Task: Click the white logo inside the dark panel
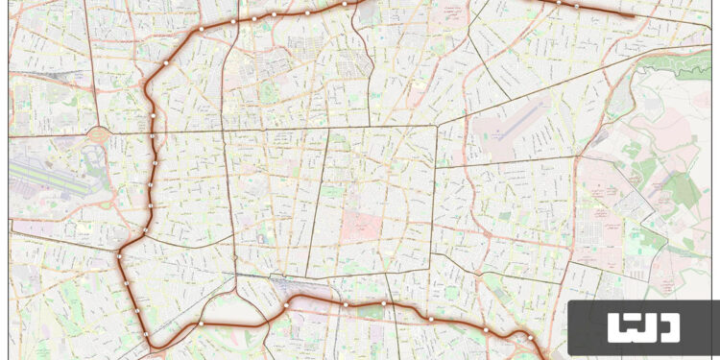(x=643, y=327)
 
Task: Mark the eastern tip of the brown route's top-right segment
(x=633, y=15)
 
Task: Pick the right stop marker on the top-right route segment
(x=577, y=5)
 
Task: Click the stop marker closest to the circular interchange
(x=153, y=136)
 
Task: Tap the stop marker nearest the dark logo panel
(x=529, y=337)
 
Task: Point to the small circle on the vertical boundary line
(x=235, y=258)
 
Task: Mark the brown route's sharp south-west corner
(x=119, y=255)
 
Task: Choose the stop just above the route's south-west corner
(x=146, y=228)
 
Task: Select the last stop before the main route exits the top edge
(x=345, y=4)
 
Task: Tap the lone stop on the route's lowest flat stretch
(x=201, y=324)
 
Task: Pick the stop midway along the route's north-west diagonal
(x=166, y=62)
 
